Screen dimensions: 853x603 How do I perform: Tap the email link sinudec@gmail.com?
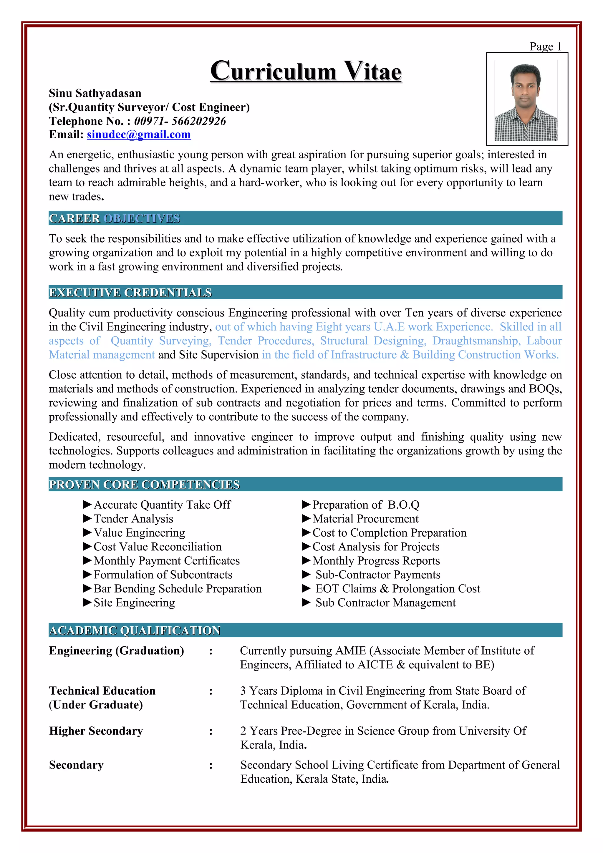pyautogui.click(x=139, y=135)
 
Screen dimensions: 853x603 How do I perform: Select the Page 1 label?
pyautogui.click(x=545, y=47)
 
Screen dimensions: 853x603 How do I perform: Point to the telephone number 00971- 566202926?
pyautogui.click(x=180, y=121)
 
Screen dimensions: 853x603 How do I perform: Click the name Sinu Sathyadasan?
pyautogui.click(x=95, y=93)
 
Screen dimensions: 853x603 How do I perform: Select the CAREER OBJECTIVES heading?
pyautogui.click(x=115, y=218)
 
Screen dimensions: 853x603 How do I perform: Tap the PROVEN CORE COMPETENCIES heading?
pyautogui.click(x=144, y=484)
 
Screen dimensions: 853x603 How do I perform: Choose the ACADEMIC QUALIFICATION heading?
pyautogui.click(x=135, y=630)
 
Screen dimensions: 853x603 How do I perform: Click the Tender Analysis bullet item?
pyautogui.click(x=133, y=519)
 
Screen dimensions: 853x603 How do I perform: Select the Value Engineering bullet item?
pyautogui.click(x=139, y=533)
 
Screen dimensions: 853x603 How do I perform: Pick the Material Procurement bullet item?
pyautogui.click(x=365, y=519)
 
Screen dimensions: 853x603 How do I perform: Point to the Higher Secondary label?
pyautogui.click(x=96, y=731)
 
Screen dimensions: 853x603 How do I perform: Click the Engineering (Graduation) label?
pyautogui.click(x=116, y=650)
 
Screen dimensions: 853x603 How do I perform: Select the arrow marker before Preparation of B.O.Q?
pyautogui.click(x=306, y=505)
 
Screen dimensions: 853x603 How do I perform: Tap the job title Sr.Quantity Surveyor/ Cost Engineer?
pyautogui.click(x=149, y=107)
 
